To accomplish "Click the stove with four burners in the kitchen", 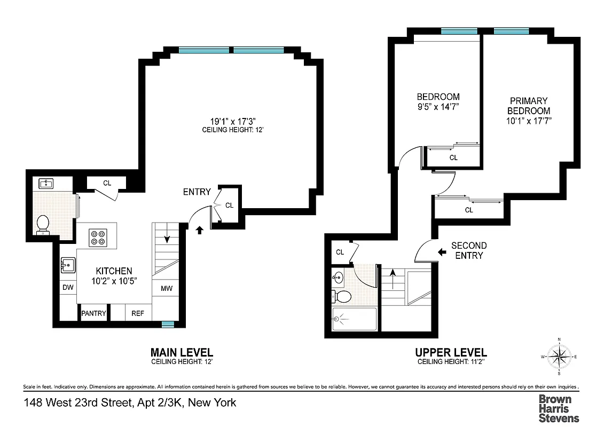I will pos(98,237).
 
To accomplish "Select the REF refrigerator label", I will pos(138,313).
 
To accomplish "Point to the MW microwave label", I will pos(167,288).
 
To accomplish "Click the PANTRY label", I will pos(93,313).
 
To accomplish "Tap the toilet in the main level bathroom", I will pos(42,224).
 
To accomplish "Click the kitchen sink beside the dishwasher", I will pos(67,264).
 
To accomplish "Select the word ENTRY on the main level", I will pos(197,192).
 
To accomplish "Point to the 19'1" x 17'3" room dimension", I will pos(231,121).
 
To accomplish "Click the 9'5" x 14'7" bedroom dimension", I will pos(438,107).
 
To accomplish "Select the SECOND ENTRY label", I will pos(469,250).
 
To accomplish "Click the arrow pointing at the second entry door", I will pos(442,251).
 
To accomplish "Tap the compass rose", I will pos(559,356).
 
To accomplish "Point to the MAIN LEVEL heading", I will pos(182,353).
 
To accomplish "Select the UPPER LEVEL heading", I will pos(451,353).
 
